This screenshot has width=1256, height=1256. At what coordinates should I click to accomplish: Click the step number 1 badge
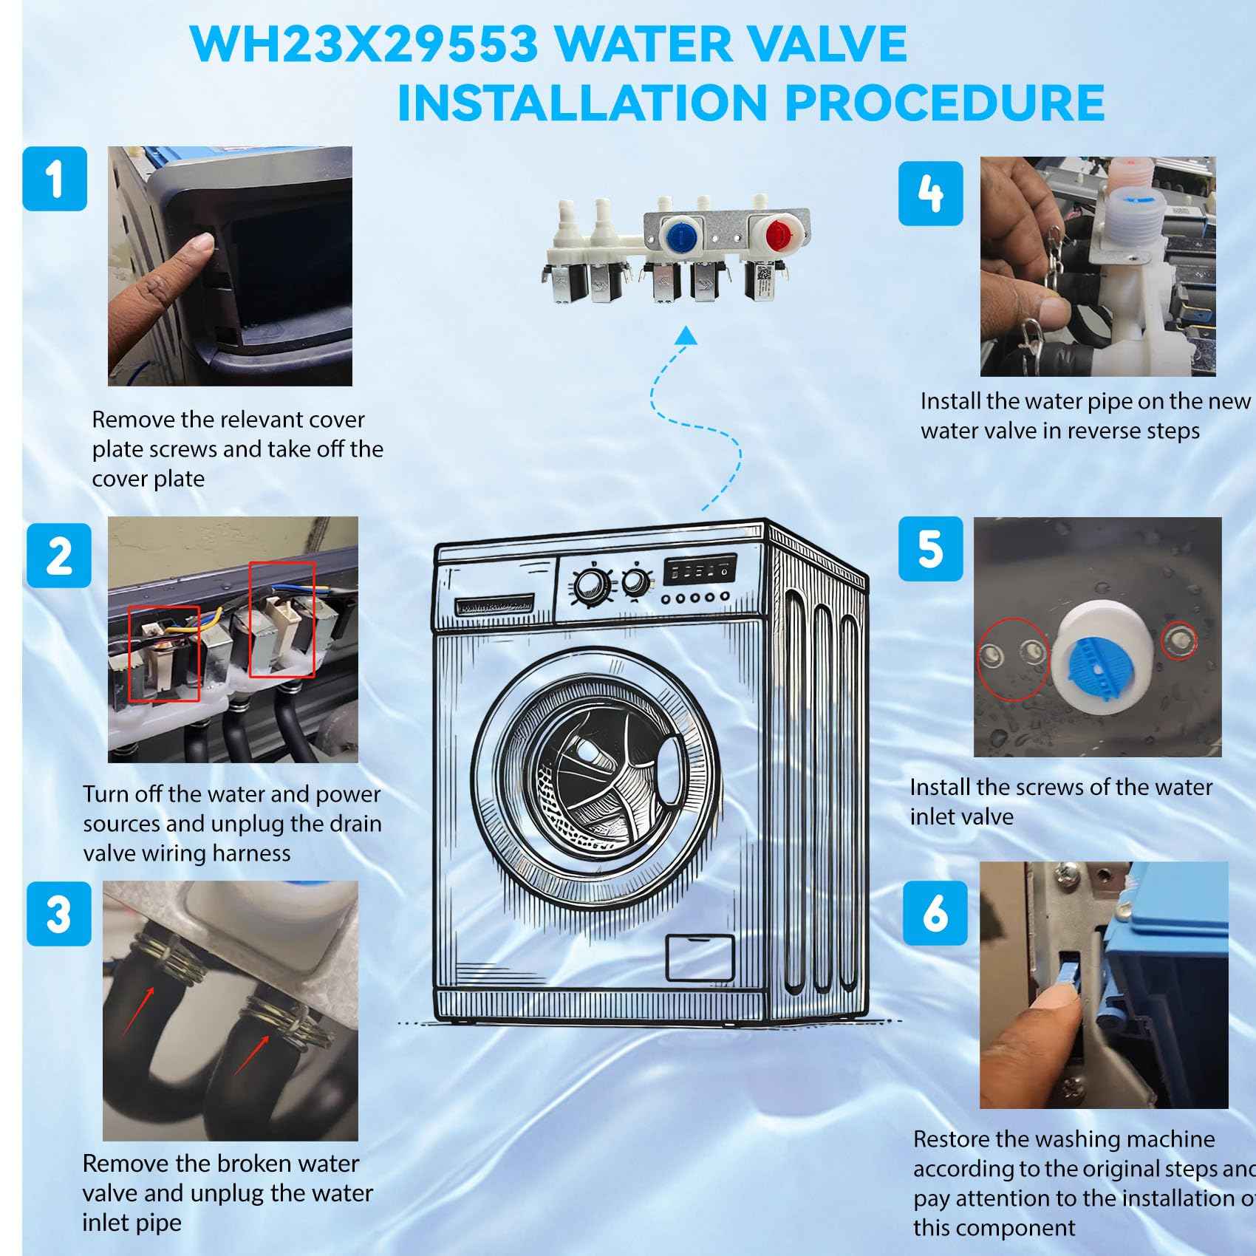pyautogui.click(x=55, y=179)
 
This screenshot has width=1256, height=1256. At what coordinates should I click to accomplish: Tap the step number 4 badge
pyautogui.click(x=930, y=194)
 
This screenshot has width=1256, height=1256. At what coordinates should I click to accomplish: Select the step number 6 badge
pyautogui.click(x=935, y=912)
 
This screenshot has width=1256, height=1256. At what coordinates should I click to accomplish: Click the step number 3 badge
pyautogui.click(x=59, y=913)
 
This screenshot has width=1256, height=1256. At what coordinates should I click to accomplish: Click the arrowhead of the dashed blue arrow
pyautogui.click(x=688, y=335)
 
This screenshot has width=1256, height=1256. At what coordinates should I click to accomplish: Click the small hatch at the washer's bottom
pyautogui.click(x=700, y=958)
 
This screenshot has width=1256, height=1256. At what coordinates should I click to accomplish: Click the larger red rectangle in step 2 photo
pyautogui.click(x=281, y=619)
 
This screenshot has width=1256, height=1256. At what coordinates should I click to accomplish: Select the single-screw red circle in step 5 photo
pyautogui.click(x=1178, y=640)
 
